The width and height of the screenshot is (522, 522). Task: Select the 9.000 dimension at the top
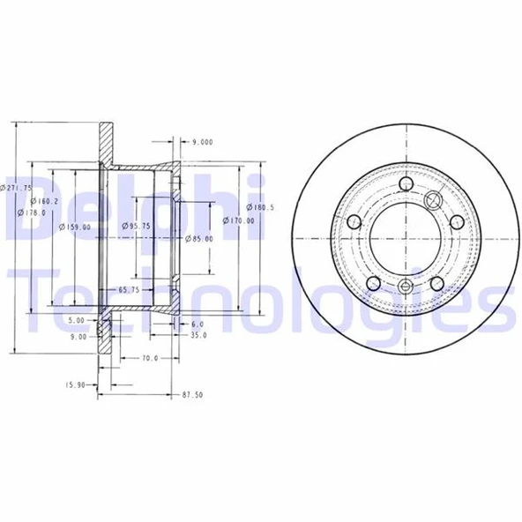tap(202, 141)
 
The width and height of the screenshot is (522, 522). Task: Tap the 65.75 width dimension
tap(130, 289)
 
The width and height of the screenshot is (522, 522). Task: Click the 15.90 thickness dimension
tap(76, 384)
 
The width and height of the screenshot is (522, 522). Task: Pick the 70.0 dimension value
tap(149, 359)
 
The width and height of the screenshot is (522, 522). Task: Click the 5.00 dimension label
tap(76, 321)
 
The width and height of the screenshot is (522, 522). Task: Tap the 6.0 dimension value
tap(198, 324)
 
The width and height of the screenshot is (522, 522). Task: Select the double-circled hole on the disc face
tap(434, 201)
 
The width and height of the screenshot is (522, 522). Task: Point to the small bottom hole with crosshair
tap(405, 286)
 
